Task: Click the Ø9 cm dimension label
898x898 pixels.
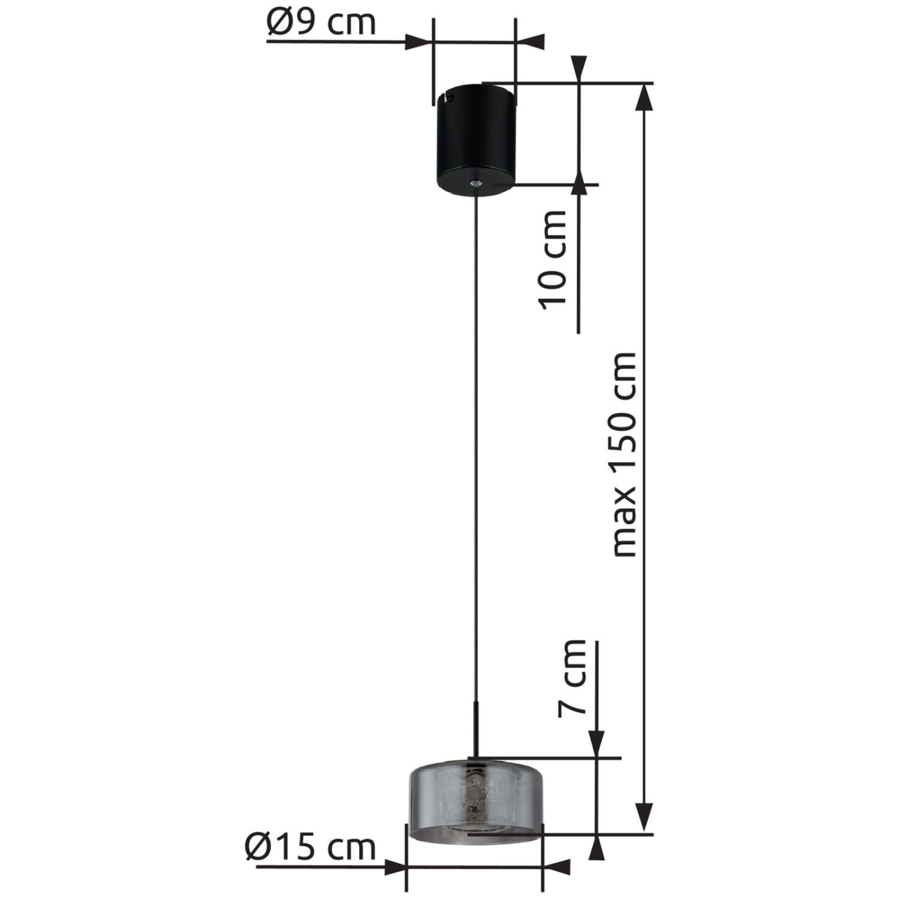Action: [321, 22]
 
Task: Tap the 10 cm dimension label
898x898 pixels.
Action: [552, 260]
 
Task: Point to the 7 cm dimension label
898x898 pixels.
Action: [571, 677]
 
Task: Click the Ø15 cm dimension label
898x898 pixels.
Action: [310, 847]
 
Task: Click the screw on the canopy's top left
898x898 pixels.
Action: [448, 95]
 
